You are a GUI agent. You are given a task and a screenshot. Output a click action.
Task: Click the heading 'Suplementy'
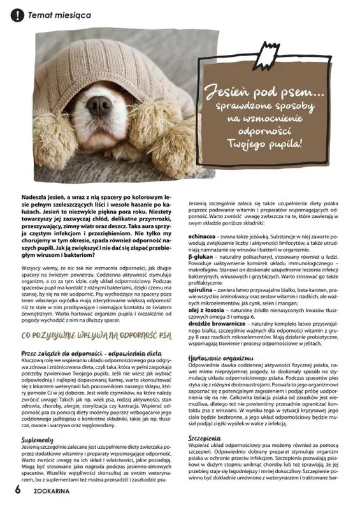37,440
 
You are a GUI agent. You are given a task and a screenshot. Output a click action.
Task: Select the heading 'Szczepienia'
205,439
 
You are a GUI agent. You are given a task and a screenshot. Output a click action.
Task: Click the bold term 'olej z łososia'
207,310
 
